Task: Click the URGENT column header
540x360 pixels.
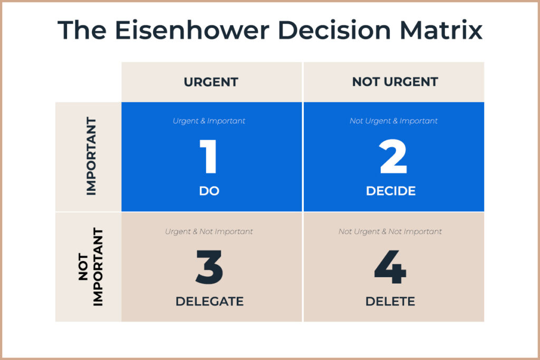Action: pos(211,82)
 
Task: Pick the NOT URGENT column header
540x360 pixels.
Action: pos(395,82)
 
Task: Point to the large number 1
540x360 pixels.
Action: pos(209,157)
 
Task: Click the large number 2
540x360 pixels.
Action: pos(393,157)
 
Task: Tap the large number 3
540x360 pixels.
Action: pos(209,267)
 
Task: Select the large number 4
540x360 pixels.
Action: pos(390,267)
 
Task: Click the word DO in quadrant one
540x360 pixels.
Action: pos(209,191)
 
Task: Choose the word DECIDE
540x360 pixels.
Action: pos(391,191)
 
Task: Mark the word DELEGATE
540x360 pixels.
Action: pos(209,301)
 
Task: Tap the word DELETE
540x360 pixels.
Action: pos(390,301)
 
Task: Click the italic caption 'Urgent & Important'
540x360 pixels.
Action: pos(209,121)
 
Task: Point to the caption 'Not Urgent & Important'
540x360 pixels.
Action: pos(393,121)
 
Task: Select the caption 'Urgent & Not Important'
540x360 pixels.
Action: pos(209,231)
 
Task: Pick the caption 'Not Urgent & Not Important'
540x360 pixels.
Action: pos(390,231)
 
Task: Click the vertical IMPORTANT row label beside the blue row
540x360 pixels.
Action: pos(91,157)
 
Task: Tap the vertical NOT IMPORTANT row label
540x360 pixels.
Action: pos(91,267)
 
